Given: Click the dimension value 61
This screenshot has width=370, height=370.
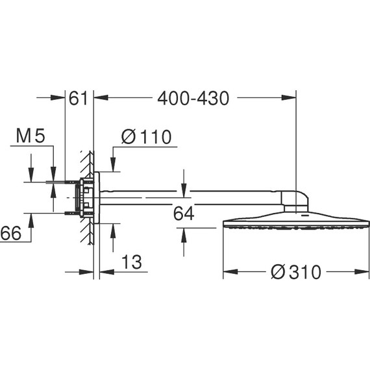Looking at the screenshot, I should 78,99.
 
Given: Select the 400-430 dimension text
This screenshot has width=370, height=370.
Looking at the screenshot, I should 193,99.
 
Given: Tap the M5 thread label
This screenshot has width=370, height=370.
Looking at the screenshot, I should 31,136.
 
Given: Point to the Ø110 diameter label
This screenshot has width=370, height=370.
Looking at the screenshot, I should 146,137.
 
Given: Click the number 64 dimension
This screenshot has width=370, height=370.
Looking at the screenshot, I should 184,214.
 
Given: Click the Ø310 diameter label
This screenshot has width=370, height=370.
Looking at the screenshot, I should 296,272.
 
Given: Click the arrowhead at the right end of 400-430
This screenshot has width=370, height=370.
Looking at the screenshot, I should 291,99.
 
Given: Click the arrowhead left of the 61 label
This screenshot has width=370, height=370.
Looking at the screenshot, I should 60,99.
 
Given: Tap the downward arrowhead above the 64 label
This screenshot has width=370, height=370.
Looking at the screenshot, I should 184,184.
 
